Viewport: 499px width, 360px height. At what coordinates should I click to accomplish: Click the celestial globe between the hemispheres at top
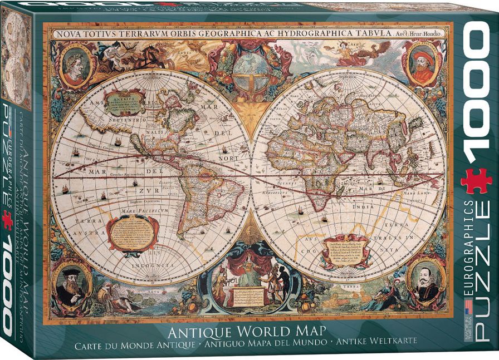point(250,72)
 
